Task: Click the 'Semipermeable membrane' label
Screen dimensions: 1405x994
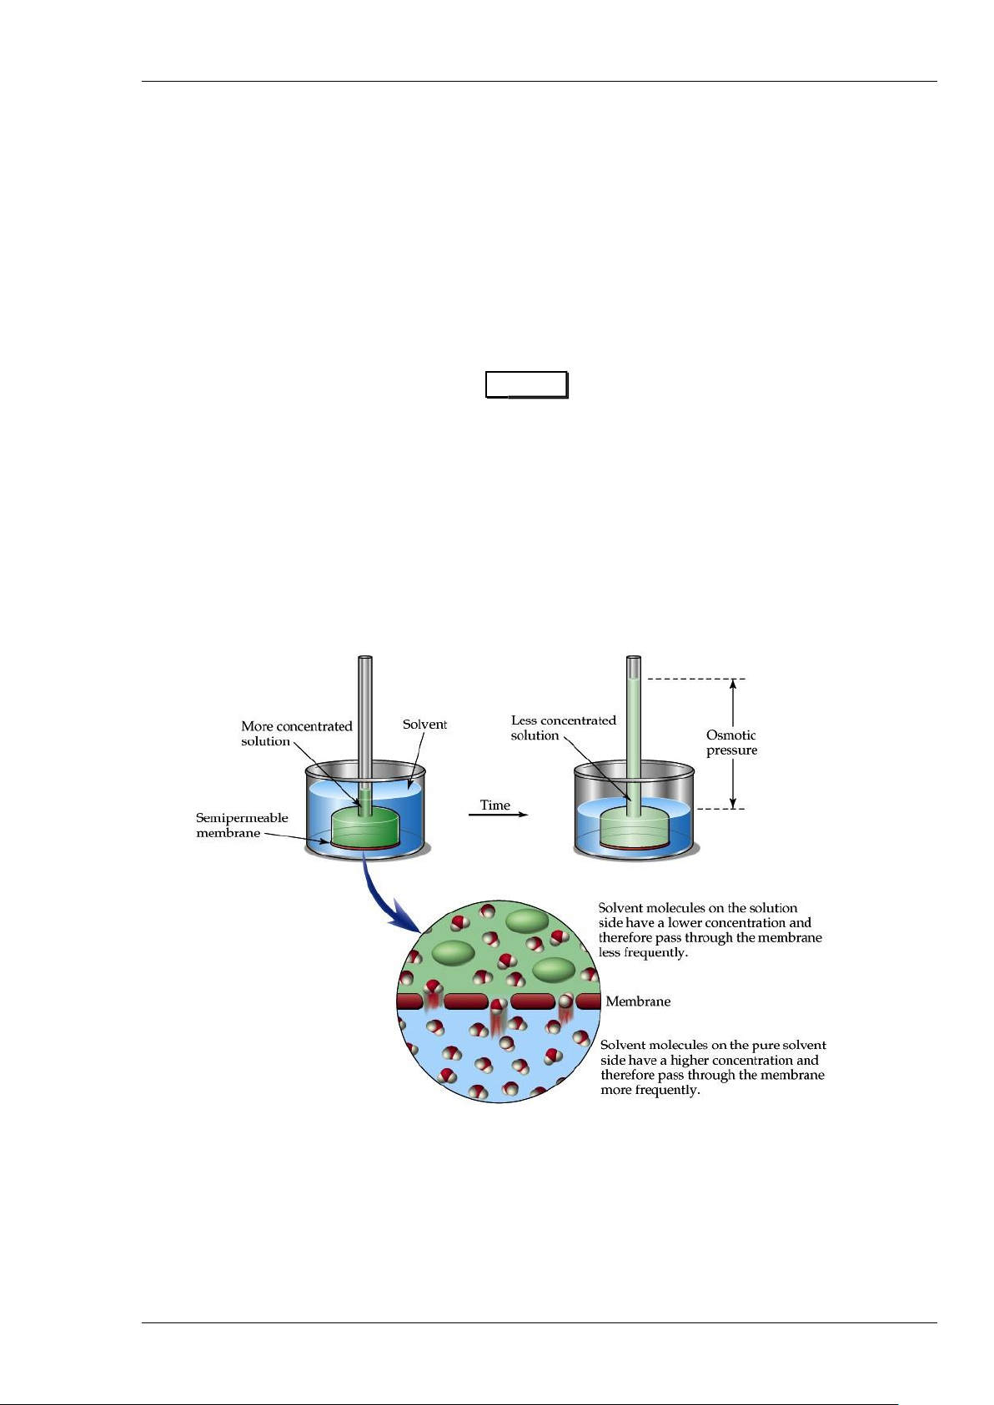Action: point(242,825)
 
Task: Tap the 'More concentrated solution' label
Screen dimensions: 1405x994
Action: point(296,734)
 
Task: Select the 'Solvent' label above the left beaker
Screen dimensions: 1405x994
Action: point(424,725)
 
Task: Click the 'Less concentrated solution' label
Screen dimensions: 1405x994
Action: point(563,728)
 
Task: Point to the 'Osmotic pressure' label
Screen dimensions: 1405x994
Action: point(731,742)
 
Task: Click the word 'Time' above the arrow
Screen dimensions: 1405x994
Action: point(494,805)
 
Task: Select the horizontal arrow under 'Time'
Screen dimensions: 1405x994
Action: point(498,815)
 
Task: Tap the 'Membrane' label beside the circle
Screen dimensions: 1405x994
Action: point(638,1001)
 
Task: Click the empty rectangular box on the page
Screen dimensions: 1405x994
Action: point(527,385)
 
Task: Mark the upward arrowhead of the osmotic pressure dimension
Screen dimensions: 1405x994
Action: point(733,686)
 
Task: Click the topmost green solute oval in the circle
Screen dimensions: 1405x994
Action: point(527,921)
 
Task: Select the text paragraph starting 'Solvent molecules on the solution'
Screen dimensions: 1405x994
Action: point(710,930)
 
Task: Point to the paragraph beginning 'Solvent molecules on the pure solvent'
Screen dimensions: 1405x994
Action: point(713,1067)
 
